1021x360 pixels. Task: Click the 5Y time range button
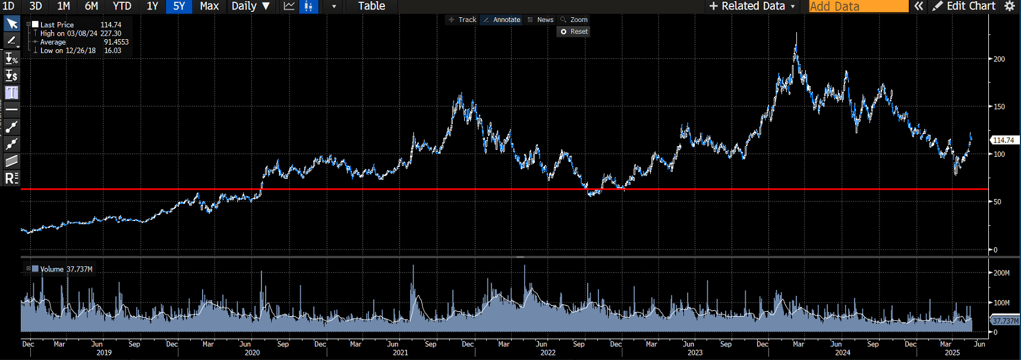(179, 7)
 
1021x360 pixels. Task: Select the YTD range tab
(122, 7)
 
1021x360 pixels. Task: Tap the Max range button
(209, 7)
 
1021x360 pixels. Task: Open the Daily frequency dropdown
(251, 7)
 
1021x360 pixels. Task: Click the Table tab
(371, 7)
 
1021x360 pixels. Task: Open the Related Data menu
(752, 7)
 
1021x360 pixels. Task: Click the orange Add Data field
(858, 7)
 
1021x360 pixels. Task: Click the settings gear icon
(1009, 7)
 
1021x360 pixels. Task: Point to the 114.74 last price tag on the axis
(1004, 140)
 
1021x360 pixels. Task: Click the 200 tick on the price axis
(1000, 59)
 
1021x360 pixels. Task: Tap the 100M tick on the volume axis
(1001, 302)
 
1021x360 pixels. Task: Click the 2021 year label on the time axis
(401, 352)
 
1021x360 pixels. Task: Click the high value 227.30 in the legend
(111, 33)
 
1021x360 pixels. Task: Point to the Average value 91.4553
(116, 42)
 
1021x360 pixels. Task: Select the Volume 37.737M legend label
(66, 269)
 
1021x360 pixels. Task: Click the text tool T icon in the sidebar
(11, 93)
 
